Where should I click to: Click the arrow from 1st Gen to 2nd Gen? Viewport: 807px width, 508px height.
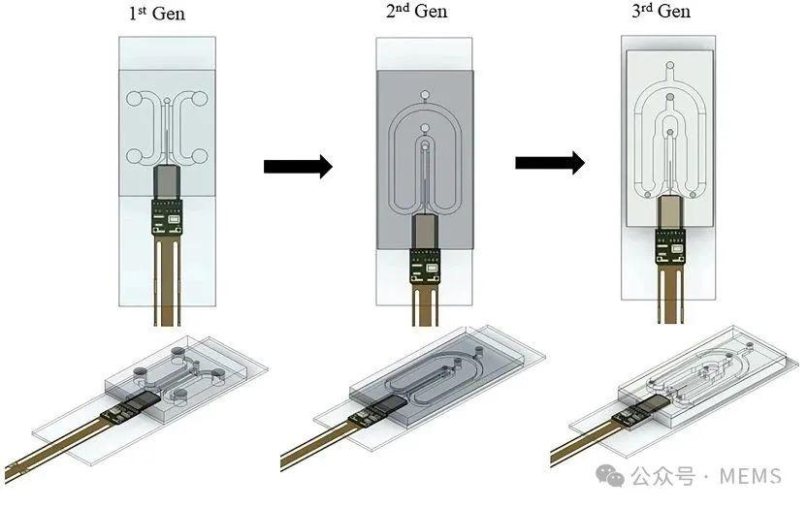coord(298,167)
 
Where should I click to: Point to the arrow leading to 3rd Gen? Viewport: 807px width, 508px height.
coord(549,162)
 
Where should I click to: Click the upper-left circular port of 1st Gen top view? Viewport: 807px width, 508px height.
coord(136,98)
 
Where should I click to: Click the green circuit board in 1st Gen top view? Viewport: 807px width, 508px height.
coord(167,216)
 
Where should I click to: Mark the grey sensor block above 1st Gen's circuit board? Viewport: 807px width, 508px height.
coord(167,181)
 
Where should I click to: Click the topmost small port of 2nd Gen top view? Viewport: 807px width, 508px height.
coord(424,96)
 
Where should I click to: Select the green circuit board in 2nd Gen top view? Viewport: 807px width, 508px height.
coord(424,260)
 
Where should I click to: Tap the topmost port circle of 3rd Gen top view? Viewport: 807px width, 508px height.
coord(669,69)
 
